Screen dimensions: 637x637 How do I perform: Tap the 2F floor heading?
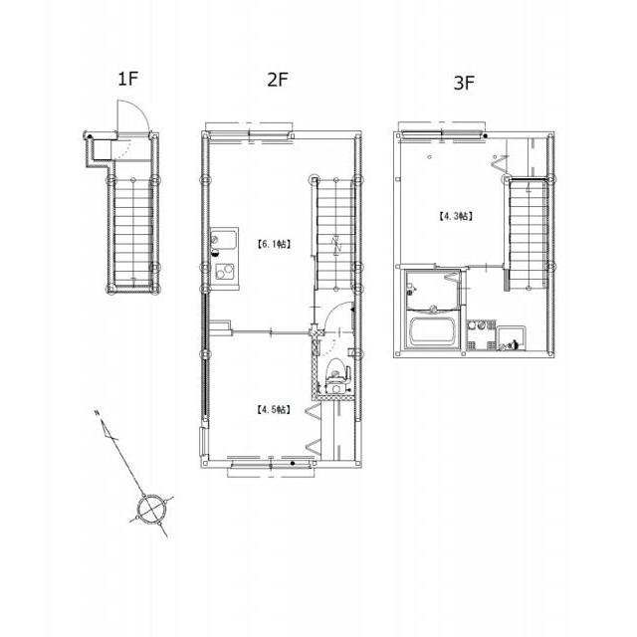coord(278,80)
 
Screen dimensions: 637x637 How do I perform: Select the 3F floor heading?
coord(464,83)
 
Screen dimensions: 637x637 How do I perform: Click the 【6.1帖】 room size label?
coord(274,244)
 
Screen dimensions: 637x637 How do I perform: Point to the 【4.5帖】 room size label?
coord(274,409)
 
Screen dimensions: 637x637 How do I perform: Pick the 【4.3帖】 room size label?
coord(456,216)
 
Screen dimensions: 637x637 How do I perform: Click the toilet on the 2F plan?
coord(335,376)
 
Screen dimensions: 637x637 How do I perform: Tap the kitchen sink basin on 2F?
coord(223,241)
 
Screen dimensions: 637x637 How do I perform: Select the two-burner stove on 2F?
coord(225,272)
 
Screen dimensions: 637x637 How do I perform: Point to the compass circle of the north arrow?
coord(151,509)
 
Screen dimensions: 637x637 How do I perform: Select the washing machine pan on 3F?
coord(512,338)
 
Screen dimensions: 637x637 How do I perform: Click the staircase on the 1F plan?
coord(133,232)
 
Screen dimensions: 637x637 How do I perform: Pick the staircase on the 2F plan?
coord(335,234)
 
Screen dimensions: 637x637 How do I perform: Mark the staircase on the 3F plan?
coord(528,235)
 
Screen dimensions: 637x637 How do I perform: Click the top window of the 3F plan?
coord(442,132)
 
